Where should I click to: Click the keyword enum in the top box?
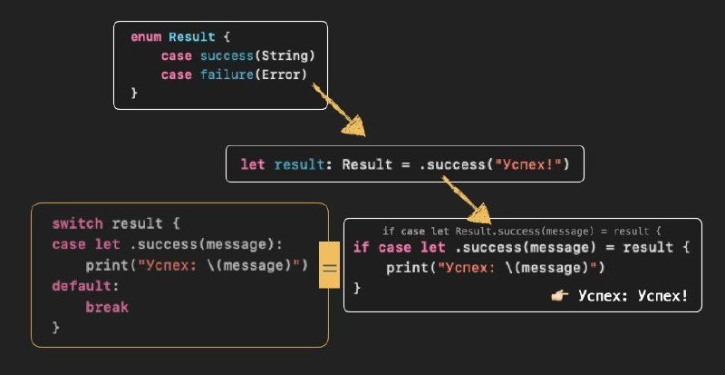click(x=147, y=37)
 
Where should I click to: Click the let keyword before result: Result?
click(x=252, y=165)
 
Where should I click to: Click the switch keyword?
click(x=77, y=223)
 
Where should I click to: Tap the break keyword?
click(x=107, y=307)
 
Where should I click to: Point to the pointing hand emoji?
click(x=560, y=296)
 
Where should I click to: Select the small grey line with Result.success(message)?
click(x=523, y=232)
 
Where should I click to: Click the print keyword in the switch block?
click(x=107, y=265)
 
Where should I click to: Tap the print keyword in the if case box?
click(x=407, y=268)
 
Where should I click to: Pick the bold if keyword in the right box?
click(x=361, y=248)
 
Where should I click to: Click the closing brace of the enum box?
click(x=134, y=94)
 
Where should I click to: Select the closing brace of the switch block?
click(x=55, y=328)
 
